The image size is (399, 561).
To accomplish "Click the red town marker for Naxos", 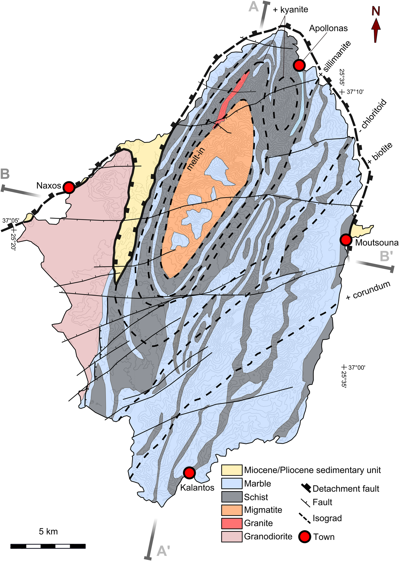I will pos(69,187).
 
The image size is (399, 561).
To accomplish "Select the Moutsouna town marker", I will pos(346,240).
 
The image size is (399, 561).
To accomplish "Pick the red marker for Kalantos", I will pos(189,473).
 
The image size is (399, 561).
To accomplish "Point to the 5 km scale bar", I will pos(48,546).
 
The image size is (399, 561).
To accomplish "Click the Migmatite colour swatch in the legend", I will pos(231,510).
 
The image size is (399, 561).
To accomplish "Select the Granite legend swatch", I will pos(231,523).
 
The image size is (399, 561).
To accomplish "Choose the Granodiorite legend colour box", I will pos(231,536).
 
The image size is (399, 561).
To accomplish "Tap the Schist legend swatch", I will pos(231,497).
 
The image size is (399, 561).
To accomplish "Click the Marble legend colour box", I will pos(231,483).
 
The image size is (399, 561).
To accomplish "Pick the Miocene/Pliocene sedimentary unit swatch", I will pos(231,470).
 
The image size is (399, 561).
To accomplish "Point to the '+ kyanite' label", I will pos(290,10).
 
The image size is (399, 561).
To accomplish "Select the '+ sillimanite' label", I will pos(335,59).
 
